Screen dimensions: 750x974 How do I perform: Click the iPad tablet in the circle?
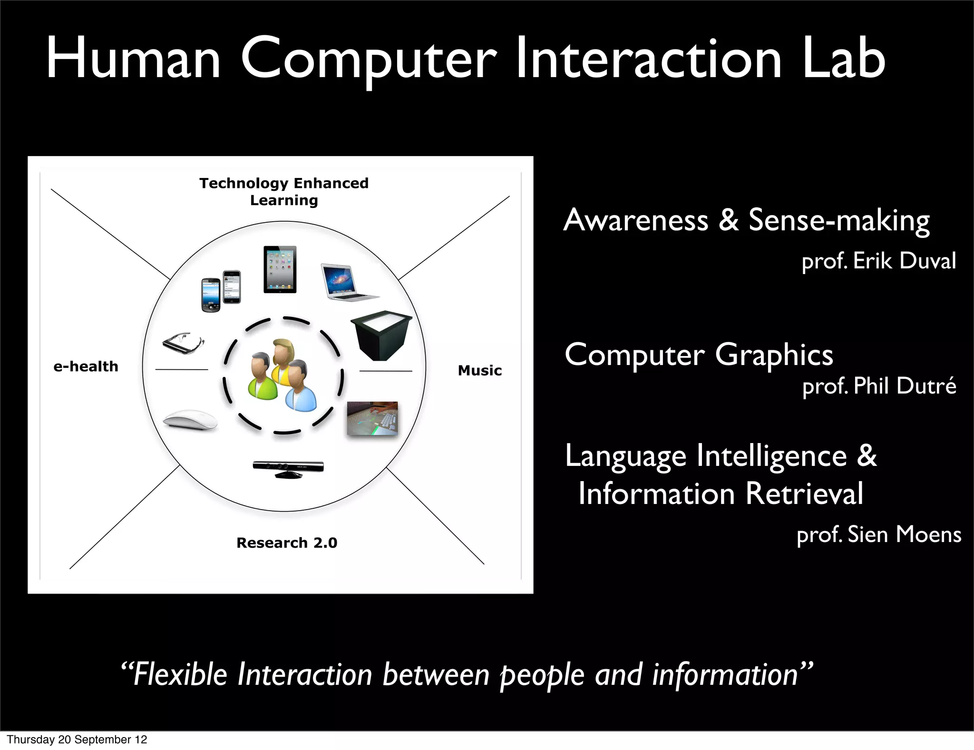point(280,269)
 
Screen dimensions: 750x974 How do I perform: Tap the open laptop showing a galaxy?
point(349,282)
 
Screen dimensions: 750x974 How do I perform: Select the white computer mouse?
point(190,420)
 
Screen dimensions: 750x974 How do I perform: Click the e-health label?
point(86,366)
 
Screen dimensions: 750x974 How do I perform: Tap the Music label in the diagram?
point(479,370)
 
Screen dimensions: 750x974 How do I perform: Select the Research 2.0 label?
point(287,543)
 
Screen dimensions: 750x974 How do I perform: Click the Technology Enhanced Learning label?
point(284,191)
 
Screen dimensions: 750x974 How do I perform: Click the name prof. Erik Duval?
point(878,261)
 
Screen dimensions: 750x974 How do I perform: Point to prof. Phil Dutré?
point(879,385)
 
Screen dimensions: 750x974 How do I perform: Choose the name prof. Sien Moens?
point(879,534)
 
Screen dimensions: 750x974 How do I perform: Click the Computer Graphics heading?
point(699,355)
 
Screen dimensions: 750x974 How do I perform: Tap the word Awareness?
point(636,220)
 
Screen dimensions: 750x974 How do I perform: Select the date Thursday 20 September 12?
point(77,740)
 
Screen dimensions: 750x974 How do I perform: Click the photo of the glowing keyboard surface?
point(372,418)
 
